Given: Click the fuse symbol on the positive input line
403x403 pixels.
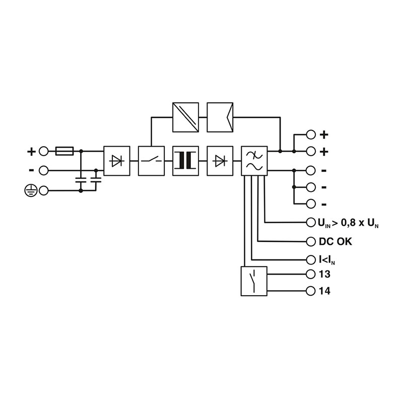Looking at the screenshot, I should pos(64,151).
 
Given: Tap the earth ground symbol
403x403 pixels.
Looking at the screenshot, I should pos(30,190).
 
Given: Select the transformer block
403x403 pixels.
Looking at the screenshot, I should pos(185,161).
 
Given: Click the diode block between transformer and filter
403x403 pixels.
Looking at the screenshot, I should pos(220,161).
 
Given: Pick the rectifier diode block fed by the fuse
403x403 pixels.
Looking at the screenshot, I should pos(117,161).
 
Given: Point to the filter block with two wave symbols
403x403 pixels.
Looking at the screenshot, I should pos(254,161).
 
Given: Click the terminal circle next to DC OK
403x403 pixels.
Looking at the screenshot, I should pos(310,241).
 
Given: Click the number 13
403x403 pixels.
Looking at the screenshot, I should pos(325,275).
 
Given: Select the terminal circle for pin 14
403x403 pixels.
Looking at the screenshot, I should pos(310,291).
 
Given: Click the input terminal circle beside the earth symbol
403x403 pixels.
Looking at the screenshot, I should pos(44,190).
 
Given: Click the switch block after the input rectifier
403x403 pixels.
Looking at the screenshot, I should pos(151,161).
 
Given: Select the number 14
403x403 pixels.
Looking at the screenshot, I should pos(325,292).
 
